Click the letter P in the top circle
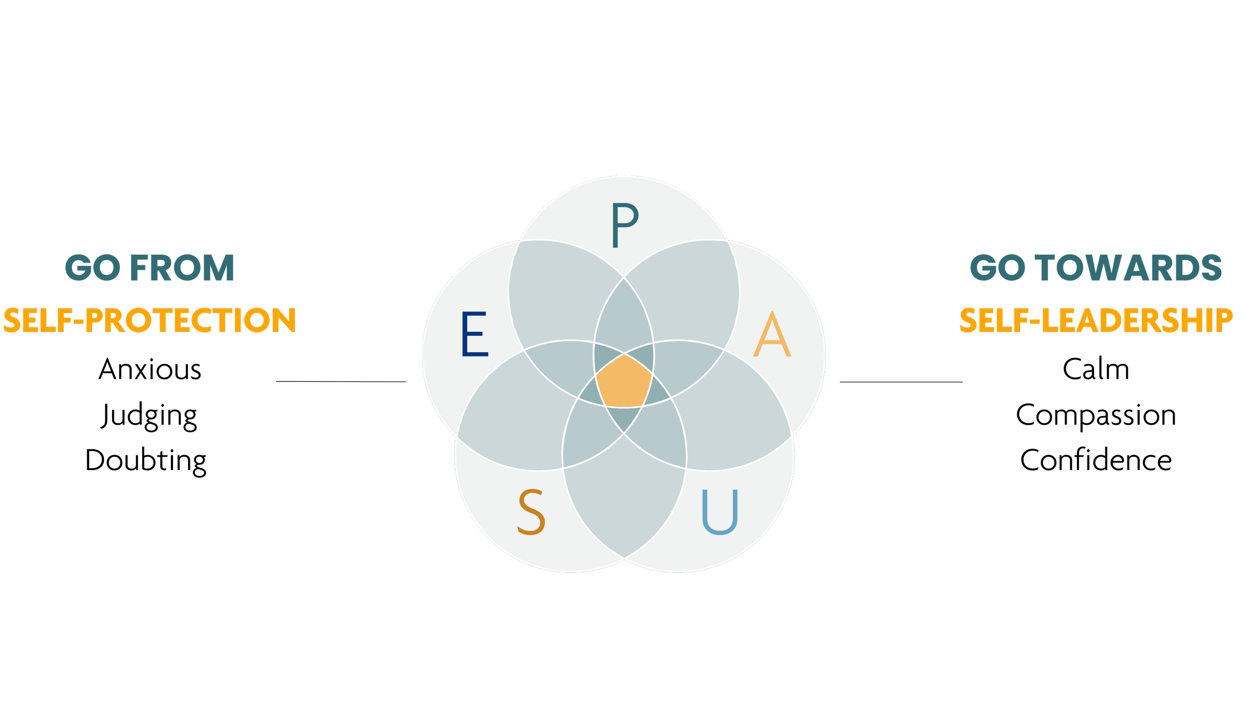click(624, 225)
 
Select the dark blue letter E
click(474, 334)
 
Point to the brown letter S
click(531, 512)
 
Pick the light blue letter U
click(719, 512)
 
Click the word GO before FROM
click(93, 268)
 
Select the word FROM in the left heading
click(182, 268)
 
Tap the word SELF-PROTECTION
click(150, 320)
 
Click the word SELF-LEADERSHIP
click(1096, 320)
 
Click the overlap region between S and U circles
click(624, 499)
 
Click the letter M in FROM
click(218, 268)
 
